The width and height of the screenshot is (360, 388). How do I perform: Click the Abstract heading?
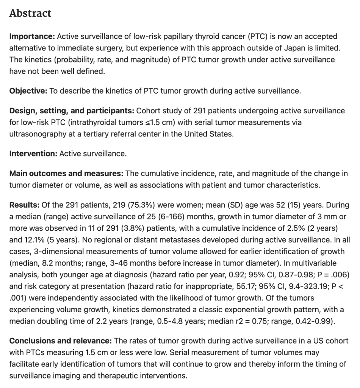[x=30, y=13]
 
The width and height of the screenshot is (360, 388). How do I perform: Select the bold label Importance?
[x=32, y=37]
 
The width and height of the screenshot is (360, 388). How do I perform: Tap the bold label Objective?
[x=28, y=91]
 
